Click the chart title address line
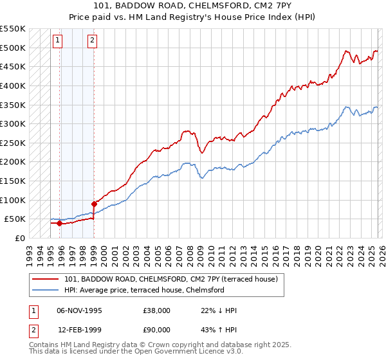point(192,7)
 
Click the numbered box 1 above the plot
point(57,40)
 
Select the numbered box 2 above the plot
point(92,40)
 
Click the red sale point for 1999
point(95,204)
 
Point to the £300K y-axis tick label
point(13,123)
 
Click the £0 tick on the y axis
point(19,238)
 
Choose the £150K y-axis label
point(13,181)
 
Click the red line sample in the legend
point(45,279)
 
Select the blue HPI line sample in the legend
point(45,290)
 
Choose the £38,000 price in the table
point(157,310)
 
